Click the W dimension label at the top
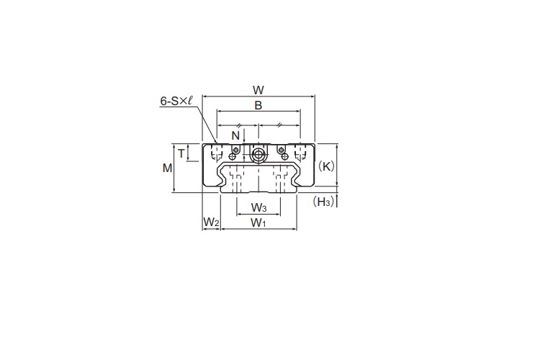[x=258, y=90]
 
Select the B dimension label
[x=258, y=105]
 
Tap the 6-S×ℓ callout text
[x=176, y=101]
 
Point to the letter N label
[x=235, y=136]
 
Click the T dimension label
[x=181, y=153]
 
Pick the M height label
[x=167, y=168]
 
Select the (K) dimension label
[x=325, y=166]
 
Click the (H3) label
[x=323, y=202]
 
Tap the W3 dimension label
[x=259, y=208]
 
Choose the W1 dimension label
[x=258, y=223]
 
